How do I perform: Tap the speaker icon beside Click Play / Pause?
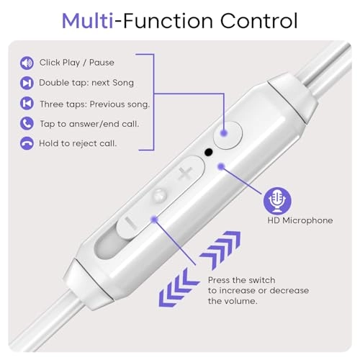[x=27, y=63]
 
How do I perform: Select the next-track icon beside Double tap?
[x=27, y=83]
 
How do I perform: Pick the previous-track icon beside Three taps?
[x=27, y=103]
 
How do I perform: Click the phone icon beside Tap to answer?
[x=27, y=123]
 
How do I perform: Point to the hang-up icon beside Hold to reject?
[x=27, y=143]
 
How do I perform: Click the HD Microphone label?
[x=300, y=220]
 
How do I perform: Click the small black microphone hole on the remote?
[x=209, y=152]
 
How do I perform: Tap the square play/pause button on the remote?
[x=228, y=134]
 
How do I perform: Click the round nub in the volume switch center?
[x=159, y=194]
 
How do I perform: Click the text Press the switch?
[x=241, y=279]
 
